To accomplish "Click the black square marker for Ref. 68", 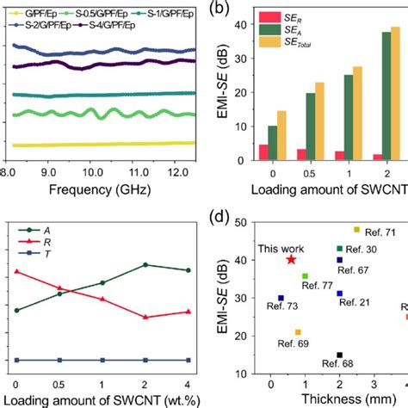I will (339, 355).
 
